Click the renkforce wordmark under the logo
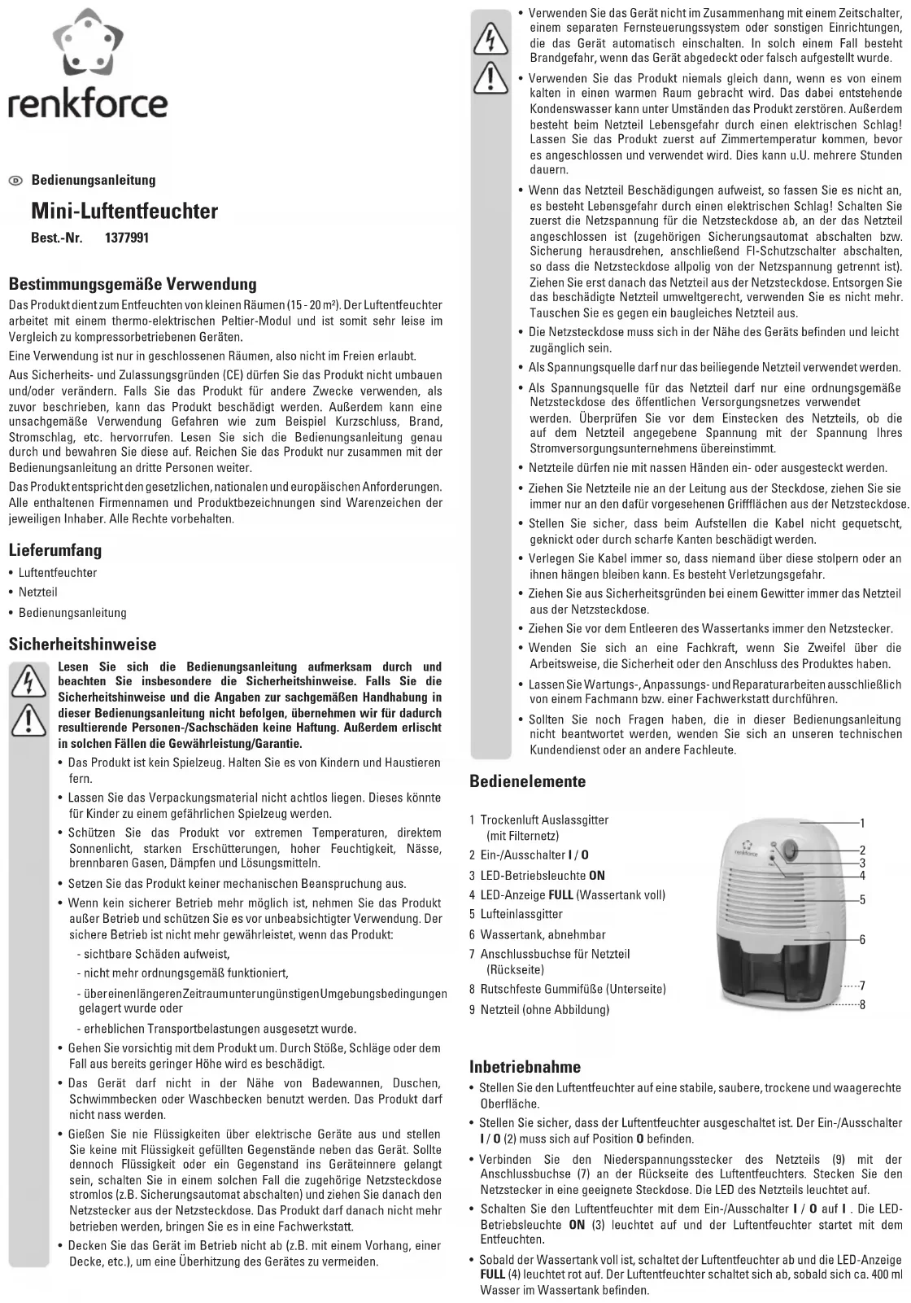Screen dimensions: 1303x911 tap(88, 105)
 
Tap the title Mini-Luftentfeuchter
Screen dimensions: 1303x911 tap(124, 212)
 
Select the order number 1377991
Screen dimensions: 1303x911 tap(127, 238)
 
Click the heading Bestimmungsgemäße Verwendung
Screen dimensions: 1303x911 tap(133, 284)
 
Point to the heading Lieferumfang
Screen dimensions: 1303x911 tap(55, 550)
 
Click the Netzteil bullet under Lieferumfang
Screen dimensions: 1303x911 tap(37, 592)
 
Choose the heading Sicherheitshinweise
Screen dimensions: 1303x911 tap(82, 645)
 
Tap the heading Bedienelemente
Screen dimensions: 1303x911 tap(528, 781)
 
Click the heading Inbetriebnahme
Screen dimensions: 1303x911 tap(525, 1066)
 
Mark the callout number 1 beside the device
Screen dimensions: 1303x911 tap(862, 824)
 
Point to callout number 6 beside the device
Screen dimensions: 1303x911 tap(862, 940)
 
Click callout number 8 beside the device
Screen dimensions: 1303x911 tap(862, 1004)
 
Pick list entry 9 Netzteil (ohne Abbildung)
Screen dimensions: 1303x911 tap(539, 1010)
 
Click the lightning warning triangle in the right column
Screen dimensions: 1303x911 tap(491, 38)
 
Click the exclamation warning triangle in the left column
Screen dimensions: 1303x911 tap(27, 717)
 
